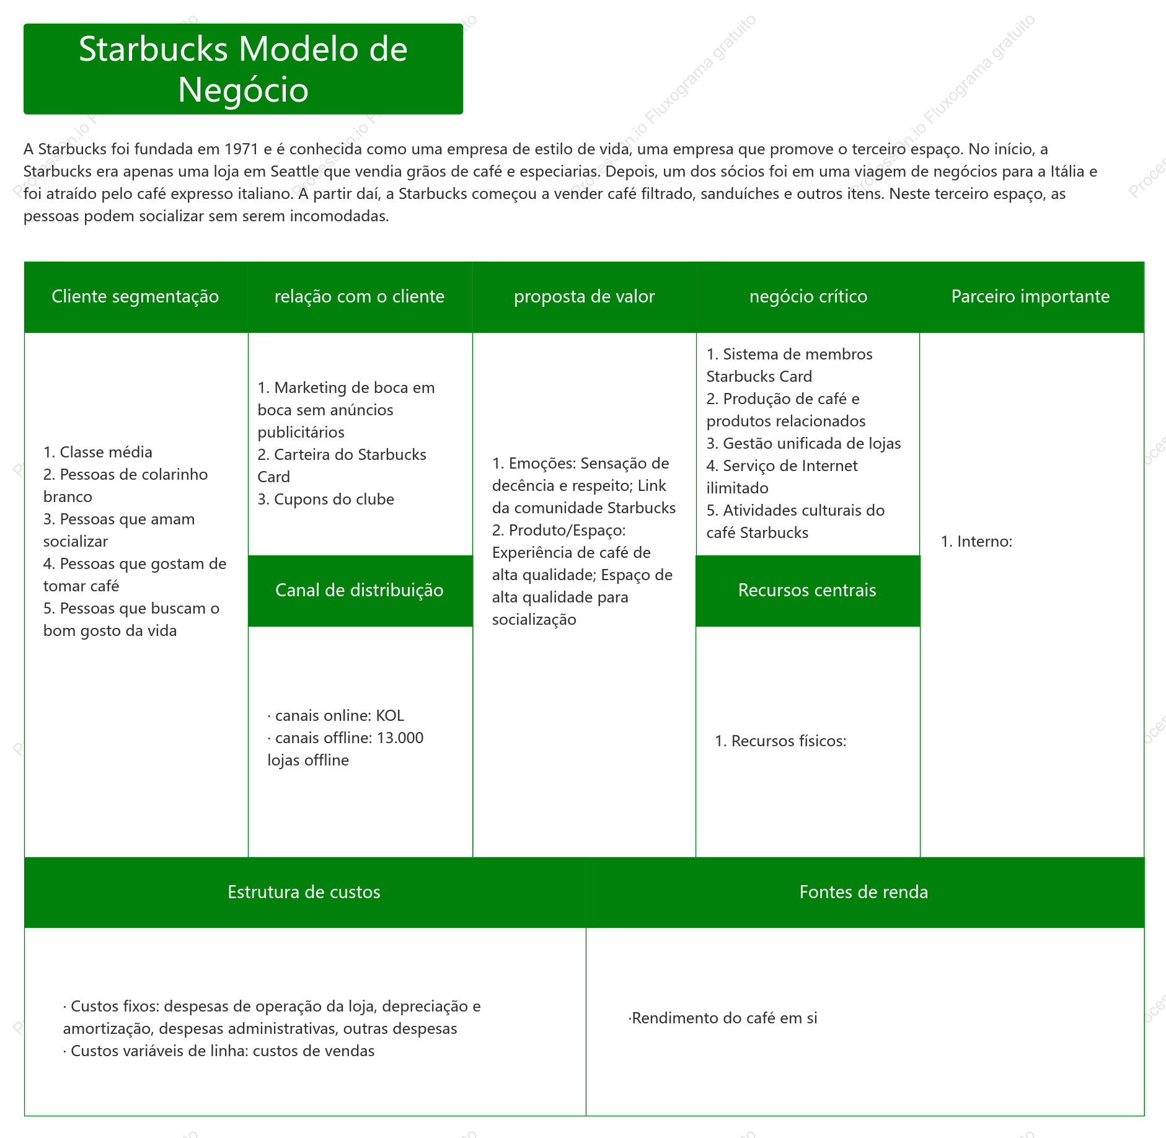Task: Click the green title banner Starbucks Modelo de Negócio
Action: pyautogui.click(x=243, y=69)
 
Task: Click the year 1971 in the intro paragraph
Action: pyautogui.click(x=241, y=149)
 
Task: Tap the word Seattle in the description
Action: pyautogui.click(x=295, y=172)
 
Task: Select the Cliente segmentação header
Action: pyautogui.click(x=136, y=297)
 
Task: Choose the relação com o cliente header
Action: pyautogui.click(x=360, y=297)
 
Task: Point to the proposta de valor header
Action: pyautogui.click(x=585, y=297)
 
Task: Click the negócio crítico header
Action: pyautogui.click(x=808, y=297)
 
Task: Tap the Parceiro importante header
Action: pyautogui.click(x=1031, y=297)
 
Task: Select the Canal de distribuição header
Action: pyautogui.click(x=360, y=591)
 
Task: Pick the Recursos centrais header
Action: pyautogui.click(x=808, y=591)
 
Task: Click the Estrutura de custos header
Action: pyautogui.click(x=304, y=893)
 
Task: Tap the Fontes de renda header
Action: pyautogui.click(x=865, y=893)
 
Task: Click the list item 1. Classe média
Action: pyautogui.click(x=98, y=452)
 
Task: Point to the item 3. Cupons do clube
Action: pyautogui.click(x=326, y=500)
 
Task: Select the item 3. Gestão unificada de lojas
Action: pyautogui.click(x=804, y=444)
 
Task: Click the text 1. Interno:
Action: pyautogui.click(x=976, y=542)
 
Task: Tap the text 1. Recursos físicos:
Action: pyautogui.click(x=780, y=741)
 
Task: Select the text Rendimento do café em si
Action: pyautogui.click(x=725, y=1018)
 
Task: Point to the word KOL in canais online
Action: pyautogui.click(x=390, y=716)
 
